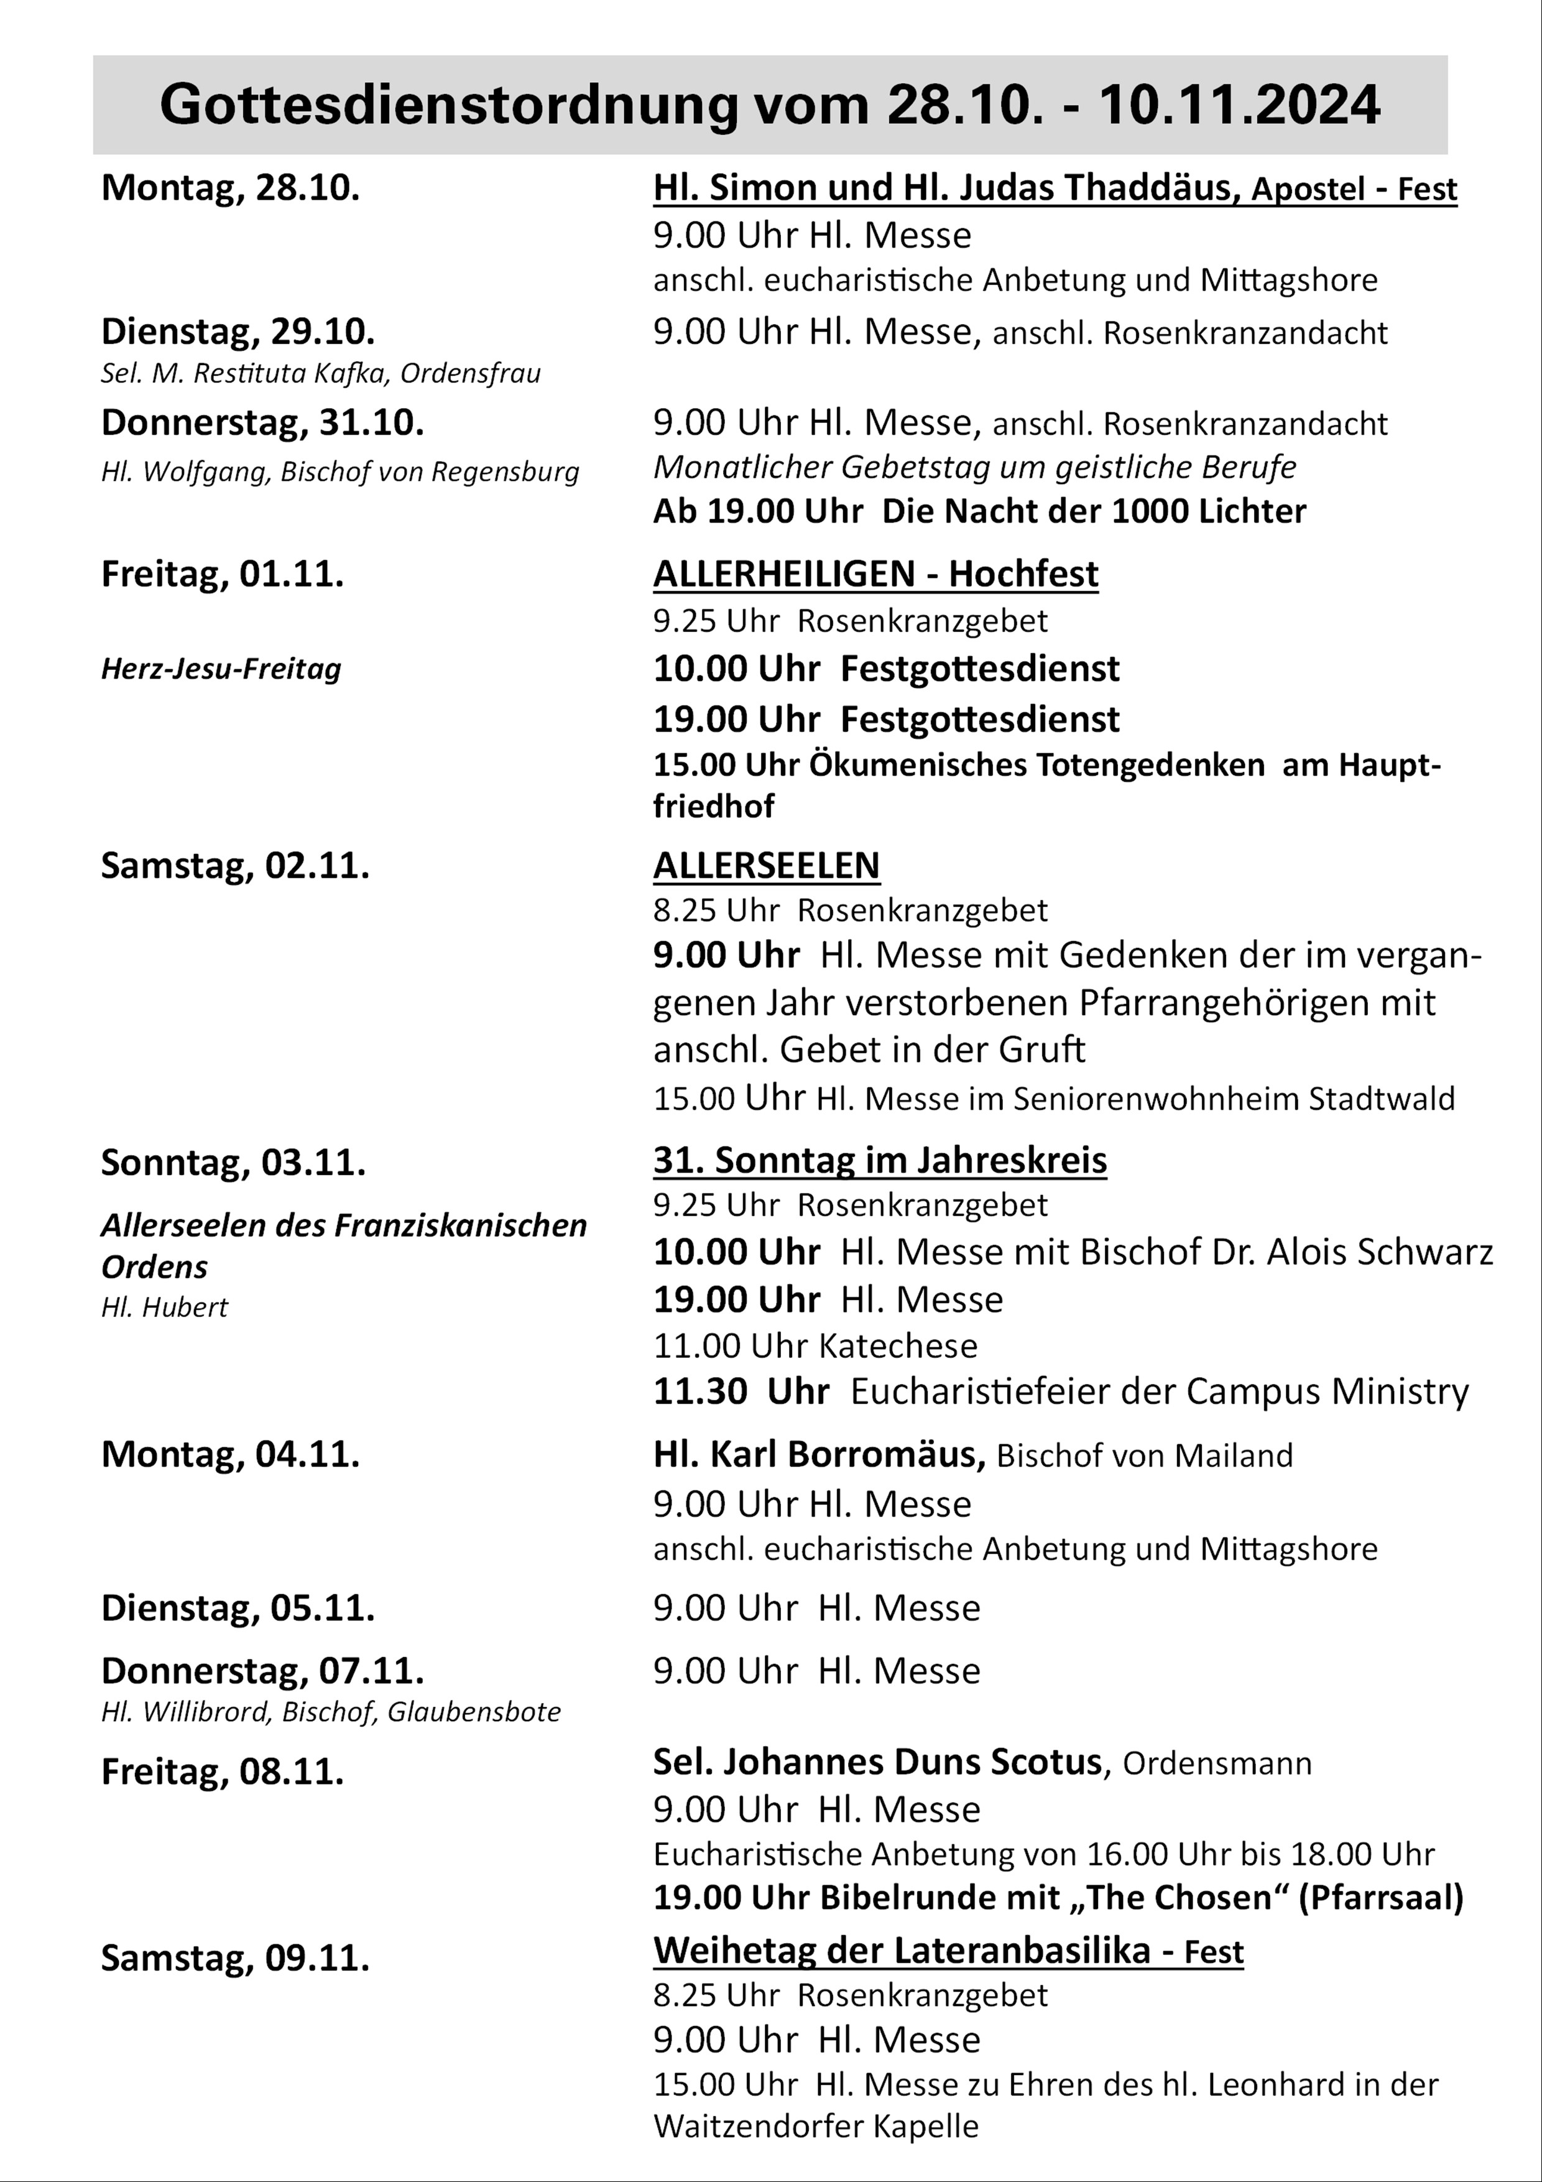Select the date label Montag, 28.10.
click(x=230, y=188)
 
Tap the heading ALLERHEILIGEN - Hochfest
click(x=875, y=574)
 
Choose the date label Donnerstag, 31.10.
click(x=262, y=423)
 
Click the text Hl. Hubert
click(x=164, y=1307)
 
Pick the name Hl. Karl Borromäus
click(x=818, y=1454)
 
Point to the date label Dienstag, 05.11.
click(x=238, y=1608)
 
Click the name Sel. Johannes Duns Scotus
click(x=876, y=1762)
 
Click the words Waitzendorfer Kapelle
click(x=815, y=2126)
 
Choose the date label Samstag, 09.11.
click(x=234, y=1957)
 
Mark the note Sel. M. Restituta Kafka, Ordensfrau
click(x=320, y=373)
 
